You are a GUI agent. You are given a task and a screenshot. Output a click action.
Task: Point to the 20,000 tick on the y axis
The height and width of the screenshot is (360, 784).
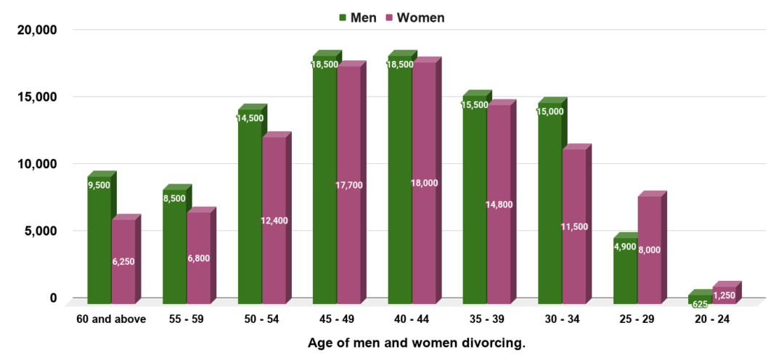pos(36,30)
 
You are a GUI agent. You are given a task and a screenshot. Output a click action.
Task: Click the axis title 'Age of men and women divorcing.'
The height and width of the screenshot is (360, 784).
pos(416,343)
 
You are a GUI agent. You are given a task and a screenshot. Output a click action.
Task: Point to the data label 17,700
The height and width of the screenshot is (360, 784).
pos(349,185)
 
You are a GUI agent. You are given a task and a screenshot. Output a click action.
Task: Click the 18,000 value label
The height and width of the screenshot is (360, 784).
pos(424,183)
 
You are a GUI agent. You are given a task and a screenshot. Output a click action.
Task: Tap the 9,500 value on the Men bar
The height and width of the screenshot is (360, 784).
pos(99,185)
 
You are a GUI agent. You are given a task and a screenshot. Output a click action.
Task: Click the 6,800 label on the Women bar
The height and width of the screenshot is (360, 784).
pos(199,258)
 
